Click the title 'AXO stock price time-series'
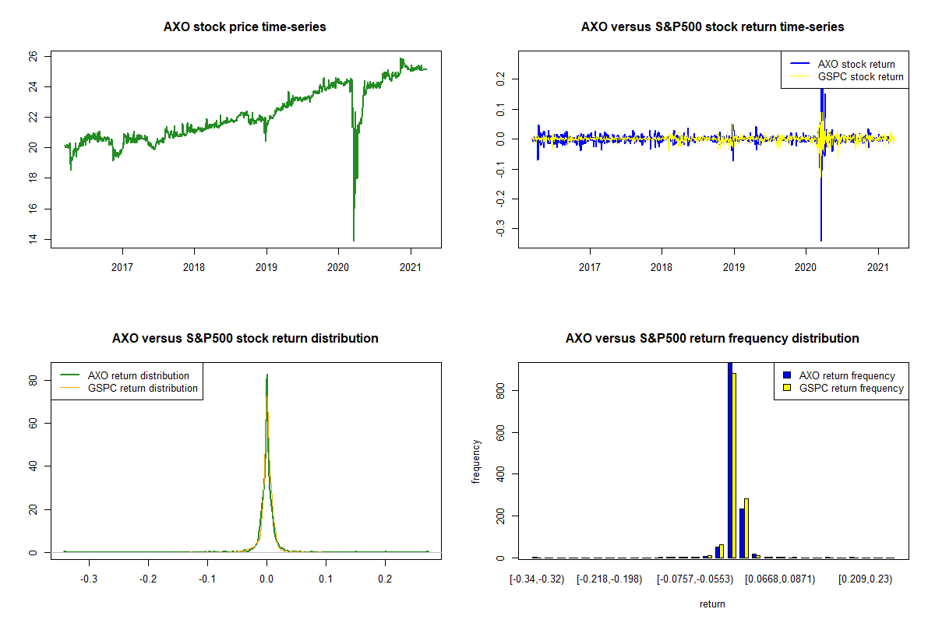245,26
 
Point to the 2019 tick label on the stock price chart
266,267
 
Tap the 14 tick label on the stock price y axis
33,238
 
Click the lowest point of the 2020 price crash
354,241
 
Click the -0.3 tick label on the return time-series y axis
500,228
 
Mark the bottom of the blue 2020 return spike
821,241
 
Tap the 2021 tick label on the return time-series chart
878,267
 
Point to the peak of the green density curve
267,375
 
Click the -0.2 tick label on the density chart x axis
148,579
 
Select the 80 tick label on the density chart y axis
33,381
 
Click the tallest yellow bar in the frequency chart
734,465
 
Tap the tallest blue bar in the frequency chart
730,460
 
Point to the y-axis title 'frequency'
476,462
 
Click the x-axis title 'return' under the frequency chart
712,604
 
